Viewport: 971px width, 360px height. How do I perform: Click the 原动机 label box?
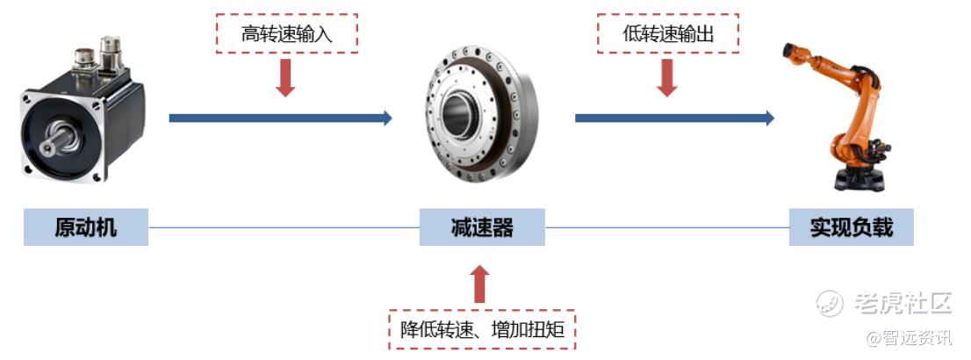[86, 227]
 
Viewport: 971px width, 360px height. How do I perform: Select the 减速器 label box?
[482, 227]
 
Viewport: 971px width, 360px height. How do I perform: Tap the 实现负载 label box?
[852, 227]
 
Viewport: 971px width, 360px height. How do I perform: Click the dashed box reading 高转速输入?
[287, 33]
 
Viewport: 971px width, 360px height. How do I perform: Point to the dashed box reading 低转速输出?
[668, 33]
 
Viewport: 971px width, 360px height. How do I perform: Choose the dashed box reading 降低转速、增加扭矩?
[482, 329]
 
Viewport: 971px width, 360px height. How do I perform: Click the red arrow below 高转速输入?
[285, 77]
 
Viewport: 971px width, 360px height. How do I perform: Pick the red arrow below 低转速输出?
[667, 77]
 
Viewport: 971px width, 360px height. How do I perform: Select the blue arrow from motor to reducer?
[281, 118]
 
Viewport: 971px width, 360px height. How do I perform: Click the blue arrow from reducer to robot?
[675, 118]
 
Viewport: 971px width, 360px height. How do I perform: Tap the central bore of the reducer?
[458, 115]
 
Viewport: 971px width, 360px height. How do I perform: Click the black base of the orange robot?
[860, 179]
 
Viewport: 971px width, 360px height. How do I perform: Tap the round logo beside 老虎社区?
[830, 303]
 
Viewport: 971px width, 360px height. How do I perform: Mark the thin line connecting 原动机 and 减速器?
[284, 227]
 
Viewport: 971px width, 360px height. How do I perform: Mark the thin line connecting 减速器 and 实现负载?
[667, 227]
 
